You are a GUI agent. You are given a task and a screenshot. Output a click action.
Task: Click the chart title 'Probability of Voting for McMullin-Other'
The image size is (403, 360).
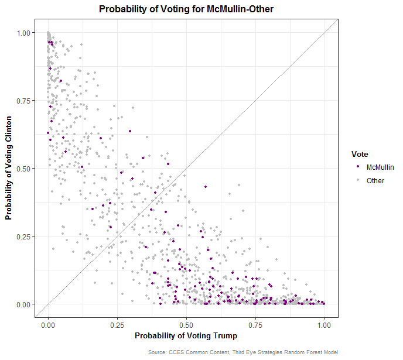tap(186, 9)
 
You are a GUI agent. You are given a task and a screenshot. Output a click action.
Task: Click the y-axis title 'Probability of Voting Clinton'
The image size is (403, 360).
tap(9, 168)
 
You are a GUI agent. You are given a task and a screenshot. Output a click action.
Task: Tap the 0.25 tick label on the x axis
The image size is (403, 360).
tap(117, 324)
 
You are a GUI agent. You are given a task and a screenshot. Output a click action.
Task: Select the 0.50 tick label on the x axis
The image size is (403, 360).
tap(186, 324)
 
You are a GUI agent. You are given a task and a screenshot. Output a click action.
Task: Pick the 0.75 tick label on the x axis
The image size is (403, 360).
tap(255, 324)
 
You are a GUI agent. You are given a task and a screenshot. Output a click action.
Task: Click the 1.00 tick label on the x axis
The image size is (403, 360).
tap(324, 324)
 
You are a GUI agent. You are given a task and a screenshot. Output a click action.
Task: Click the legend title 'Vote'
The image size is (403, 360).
tap(359, 154)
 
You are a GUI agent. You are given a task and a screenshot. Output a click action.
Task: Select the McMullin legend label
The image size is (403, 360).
tap(380, 167)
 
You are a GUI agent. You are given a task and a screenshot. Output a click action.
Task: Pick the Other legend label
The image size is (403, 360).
tap(375, 181)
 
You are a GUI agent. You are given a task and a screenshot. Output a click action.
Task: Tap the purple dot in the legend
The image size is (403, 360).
tap(357, 167)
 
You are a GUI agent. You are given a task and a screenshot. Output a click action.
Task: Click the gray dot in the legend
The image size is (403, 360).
tap(357, 181)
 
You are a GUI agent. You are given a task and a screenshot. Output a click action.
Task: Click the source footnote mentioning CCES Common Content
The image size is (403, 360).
tap(243, 352)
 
